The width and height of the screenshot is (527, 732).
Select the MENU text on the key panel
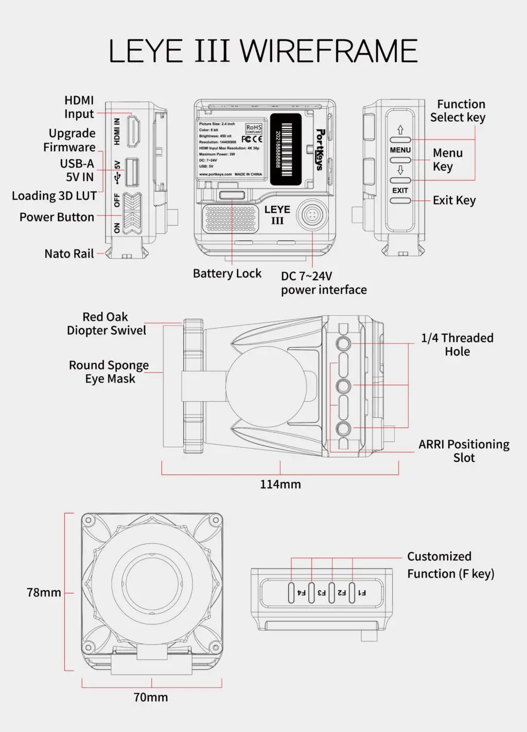pyautogui.click(x=400, y=150)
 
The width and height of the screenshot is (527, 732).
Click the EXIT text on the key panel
pyautogui.click(x=400, y=190)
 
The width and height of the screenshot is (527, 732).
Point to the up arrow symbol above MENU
pyautogui.click(x=400, y=130)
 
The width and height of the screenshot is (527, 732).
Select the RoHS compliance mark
pyautogui.click(x=254, y=128)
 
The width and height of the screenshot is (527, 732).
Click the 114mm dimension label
pyautogui.click(x=280, y=484)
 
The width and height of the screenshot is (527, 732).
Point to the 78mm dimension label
pyautogui.click(x=44, y=592)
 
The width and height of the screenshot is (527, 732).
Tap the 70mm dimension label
pyautogui.click(x=151, y=697)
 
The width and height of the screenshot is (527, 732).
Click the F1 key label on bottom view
pyautogui.click(x=362, y=592)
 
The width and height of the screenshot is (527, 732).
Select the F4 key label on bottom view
pyautogui.click(x=302, y=592)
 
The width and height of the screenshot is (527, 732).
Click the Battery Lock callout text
pyautogui.click(x=227, y=274)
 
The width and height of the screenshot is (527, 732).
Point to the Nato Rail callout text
pyautogui.click(x=69, y=253)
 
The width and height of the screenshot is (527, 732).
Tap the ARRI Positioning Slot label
pyautogui.click(x=464, y=451)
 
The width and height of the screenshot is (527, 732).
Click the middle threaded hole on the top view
pyautogui.click(x=343, y=386)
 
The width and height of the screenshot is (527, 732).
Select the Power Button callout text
pyautogui.click(x=57, y=217)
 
